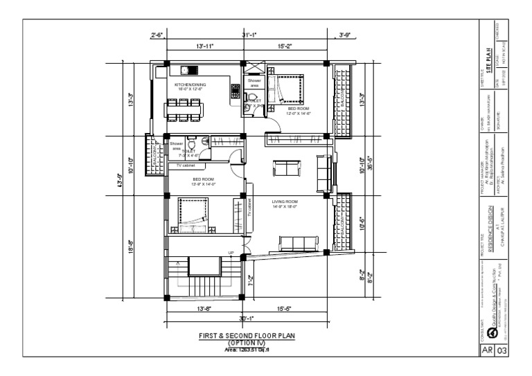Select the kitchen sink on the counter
tap(187, 69)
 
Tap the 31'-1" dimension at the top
tap(250, 35)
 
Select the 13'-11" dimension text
tap(205, 47)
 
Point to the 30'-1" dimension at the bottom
tap(247, 319)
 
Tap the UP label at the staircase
tap(231, 252)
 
